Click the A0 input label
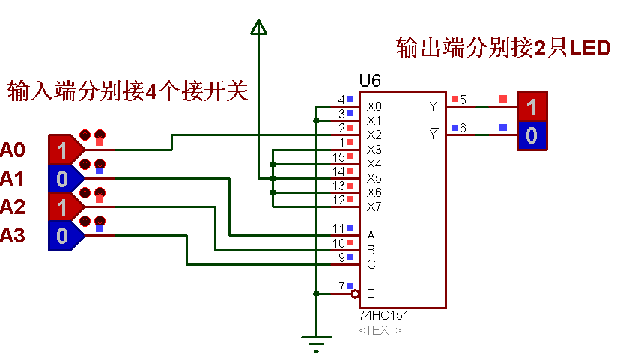coord(13,150)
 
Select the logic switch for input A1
coord(63,179)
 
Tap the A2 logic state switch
coord(63,207)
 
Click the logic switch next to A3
coord(63,235)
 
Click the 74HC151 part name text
coord(384,316)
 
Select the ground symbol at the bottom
coord(317,346)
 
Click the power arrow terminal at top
coord(258,28)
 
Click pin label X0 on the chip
coord(374,107)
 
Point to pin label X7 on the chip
coord(374,207)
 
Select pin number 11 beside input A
coord(338,228)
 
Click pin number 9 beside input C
coord(341,257)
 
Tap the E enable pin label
coord(370,293)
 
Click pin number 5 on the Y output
coord(463,100)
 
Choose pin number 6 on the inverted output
coord(463,128)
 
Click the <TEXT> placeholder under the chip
coord(380,329)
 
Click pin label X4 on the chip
coord(374,164)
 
